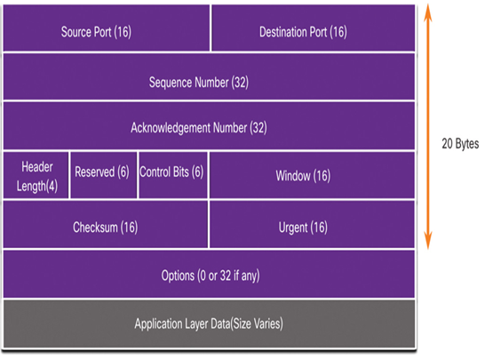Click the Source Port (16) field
107,28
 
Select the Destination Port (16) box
314,28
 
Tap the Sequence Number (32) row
209,76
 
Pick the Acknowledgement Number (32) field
209,125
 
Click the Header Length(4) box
36,175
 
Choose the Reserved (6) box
104,175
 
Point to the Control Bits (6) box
173,175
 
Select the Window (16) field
313,175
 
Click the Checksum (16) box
106,224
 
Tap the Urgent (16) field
313,224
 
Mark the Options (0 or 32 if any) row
209,275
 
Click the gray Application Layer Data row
209,324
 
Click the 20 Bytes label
460,144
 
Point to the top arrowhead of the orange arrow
428,5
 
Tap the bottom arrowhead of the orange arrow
428,248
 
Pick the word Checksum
95,228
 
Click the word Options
178,276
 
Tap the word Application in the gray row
158,324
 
